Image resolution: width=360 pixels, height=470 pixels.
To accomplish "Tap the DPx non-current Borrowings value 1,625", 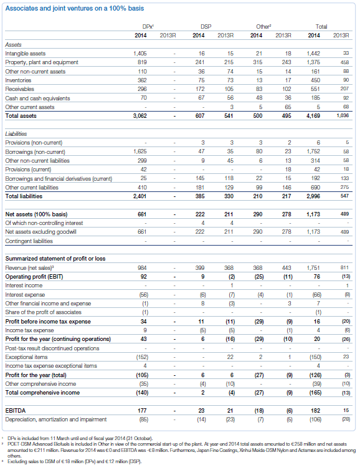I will point(140,151).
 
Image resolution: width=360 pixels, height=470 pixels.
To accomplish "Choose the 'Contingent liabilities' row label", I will point(29,241).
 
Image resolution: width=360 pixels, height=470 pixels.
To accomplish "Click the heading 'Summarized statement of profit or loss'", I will point(55,259).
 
